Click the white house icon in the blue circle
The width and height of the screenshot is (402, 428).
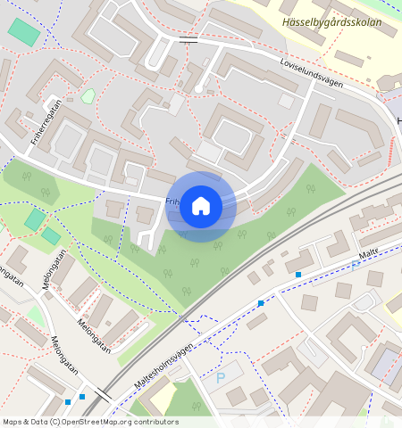(201, 205)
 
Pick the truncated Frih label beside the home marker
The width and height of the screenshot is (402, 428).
(172, 202)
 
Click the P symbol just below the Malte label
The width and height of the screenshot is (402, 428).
(355, 266)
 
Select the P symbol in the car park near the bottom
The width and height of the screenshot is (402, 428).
(221, 378)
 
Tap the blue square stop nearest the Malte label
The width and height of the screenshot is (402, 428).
(298, 275)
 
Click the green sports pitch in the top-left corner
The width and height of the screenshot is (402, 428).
(24, 32)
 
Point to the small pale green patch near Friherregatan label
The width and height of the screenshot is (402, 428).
(88, 95)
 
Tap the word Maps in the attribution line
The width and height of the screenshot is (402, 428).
(13, 421)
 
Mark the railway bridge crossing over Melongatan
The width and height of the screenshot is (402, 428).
(101, 393)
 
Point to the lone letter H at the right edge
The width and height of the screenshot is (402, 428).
(398, 119)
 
